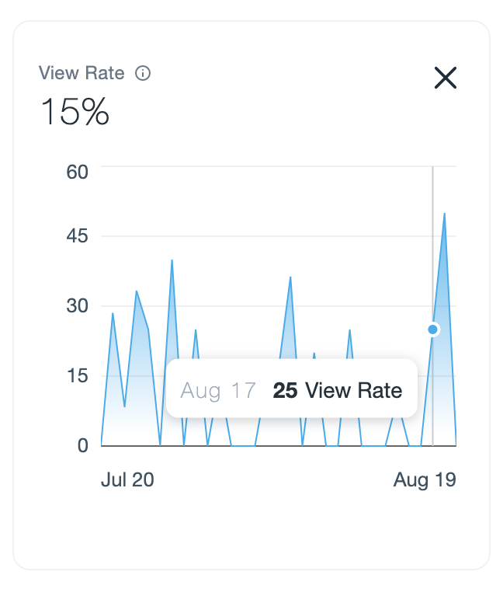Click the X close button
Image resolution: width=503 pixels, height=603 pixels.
click(x=445, y=78)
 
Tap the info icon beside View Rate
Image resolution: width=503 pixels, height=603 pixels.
click(x=143, y=74)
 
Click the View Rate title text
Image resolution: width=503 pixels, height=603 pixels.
click(x=82, y=73)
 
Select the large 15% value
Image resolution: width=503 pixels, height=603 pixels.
click(x=75, y=113)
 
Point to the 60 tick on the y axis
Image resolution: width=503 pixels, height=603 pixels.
click(x=77, y=170)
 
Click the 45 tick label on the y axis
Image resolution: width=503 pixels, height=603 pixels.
click(x=77, y=236)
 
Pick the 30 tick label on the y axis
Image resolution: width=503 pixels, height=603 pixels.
click(x=77, y=306)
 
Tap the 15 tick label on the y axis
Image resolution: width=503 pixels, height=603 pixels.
click(x=77, y=376)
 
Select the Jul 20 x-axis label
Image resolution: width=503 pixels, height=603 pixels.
click(x=127, y=480)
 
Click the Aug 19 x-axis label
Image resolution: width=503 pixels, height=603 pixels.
click(x=424, y=480)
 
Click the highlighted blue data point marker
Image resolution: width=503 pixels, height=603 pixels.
click(x=433, y=329)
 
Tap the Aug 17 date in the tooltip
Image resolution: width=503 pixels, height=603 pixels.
click(x=218, y=390)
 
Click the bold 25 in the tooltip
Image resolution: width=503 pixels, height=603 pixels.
click(x=285, y=390)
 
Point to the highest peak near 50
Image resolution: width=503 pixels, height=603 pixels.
click(x=444, y=214)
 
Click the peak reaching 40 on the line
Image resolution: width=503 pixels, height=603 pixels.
click(x=172, y=261)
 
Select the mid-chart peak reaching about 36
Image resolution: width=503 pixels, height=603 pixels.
click(x=290, y=277)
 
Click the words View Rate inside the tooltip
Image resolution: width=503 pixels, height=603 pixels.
click(x=354, y=390)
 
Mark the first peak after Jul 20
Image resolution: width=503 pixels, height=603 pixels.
click(x=113, y=314)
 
